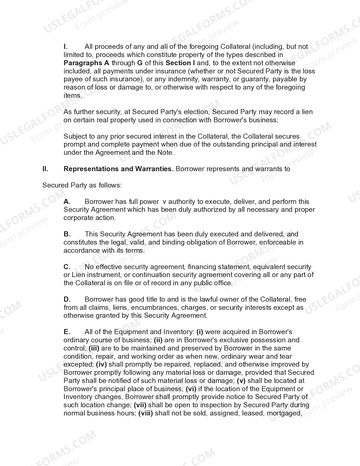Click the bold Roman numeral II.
tap(45, 169)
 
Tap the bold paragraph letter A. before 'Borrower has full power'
tap(67, 202)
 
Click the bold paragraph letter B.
tap(67, 234)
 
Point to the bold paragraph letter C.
tap(67, 267)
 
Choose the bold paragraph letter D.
tap(67, 299)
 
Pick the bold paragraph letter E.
tap(67, 332)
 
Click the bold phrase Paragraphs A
tap(86, 63)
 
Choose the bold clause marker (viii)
tap(145, 413)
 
